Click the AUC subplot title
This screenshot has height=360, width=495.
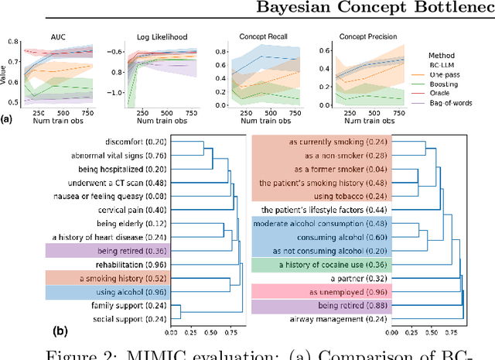58,36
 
